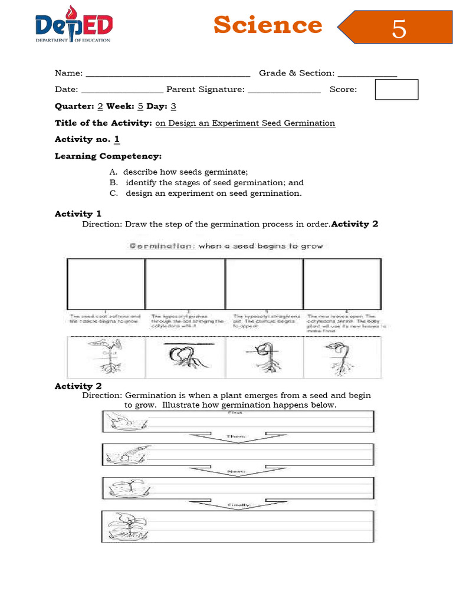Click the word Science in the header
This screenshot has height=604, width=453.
(x=267, y=25)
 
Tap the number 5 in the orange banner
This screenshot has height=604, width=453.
(x=399, y=28)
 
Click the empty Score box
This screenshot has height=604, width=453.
(x=396, y=90)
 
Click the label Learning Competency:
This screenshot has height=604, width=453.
(x=108, y=156)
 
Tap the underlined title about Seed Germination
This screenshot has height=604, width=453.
(x=245, y=123)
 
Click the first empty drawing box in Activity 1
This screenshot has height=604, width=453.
(x=106, y=284)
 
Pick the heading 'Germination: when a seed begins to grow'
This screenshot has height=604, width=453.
(x=226, y=246)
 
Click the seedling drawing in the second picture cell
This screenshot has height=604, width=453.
(x=184, y=357)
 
